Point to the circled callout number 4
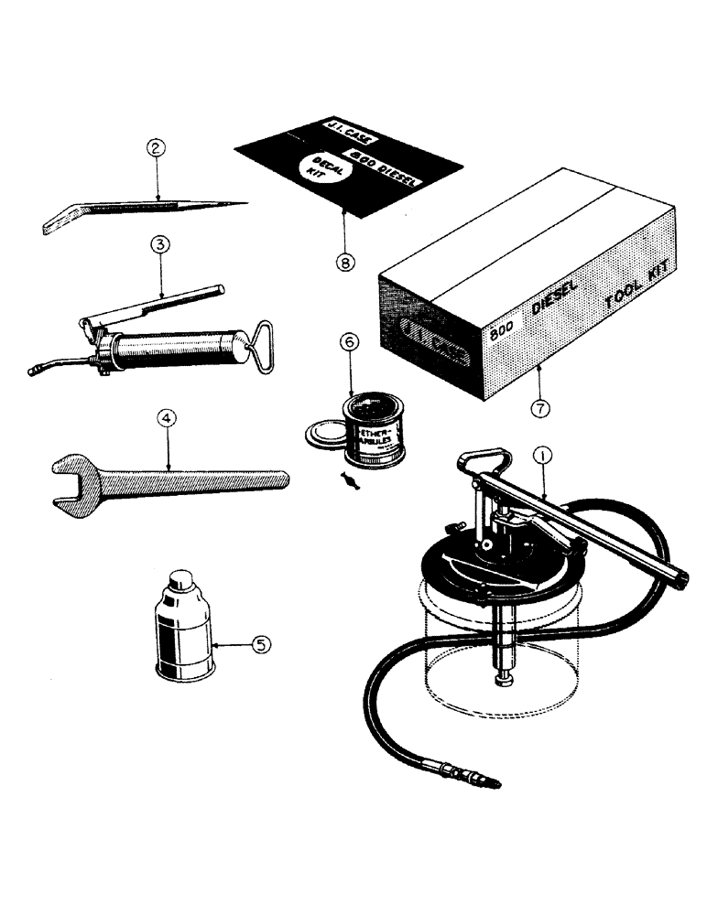166,419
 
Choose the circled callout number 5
261,645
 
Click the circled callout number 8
343,261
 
